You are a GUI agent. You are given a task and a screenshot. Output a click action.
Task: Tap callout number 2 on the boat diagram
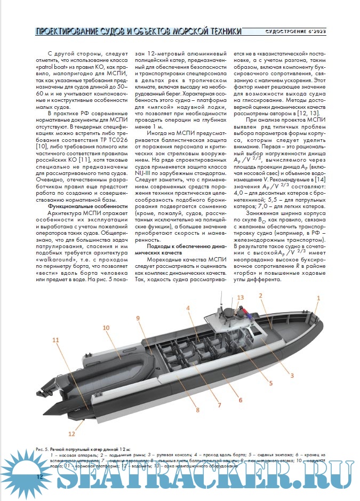tap(261, 296)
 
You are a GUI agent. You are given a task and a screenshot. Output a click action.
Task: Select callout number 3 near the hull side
tap(292, 375)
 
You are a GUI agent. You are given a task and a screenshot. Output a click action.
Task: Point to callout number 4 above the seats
tap(189, 308)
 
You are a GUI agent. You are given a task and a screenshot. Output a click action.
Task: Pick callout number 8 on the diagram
tap(197, 410)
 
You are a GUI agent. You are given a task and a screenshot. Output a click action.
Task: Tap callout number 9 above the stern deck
tap(137, 319)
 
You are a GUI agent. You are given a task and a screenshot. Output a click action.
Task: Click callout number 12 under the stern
tap(71, 433)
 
